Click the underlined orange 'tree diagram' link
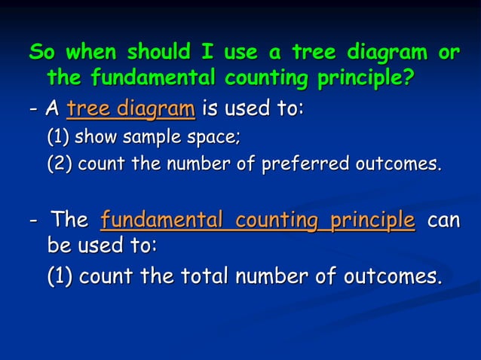click(130, 109)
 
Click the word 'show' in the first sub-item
click(97, 139)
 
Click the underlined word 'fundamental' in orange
click(161, 220)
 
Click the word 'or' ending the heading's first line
click(449, 54)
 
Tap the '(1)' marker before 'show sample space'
click(60, 139)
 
